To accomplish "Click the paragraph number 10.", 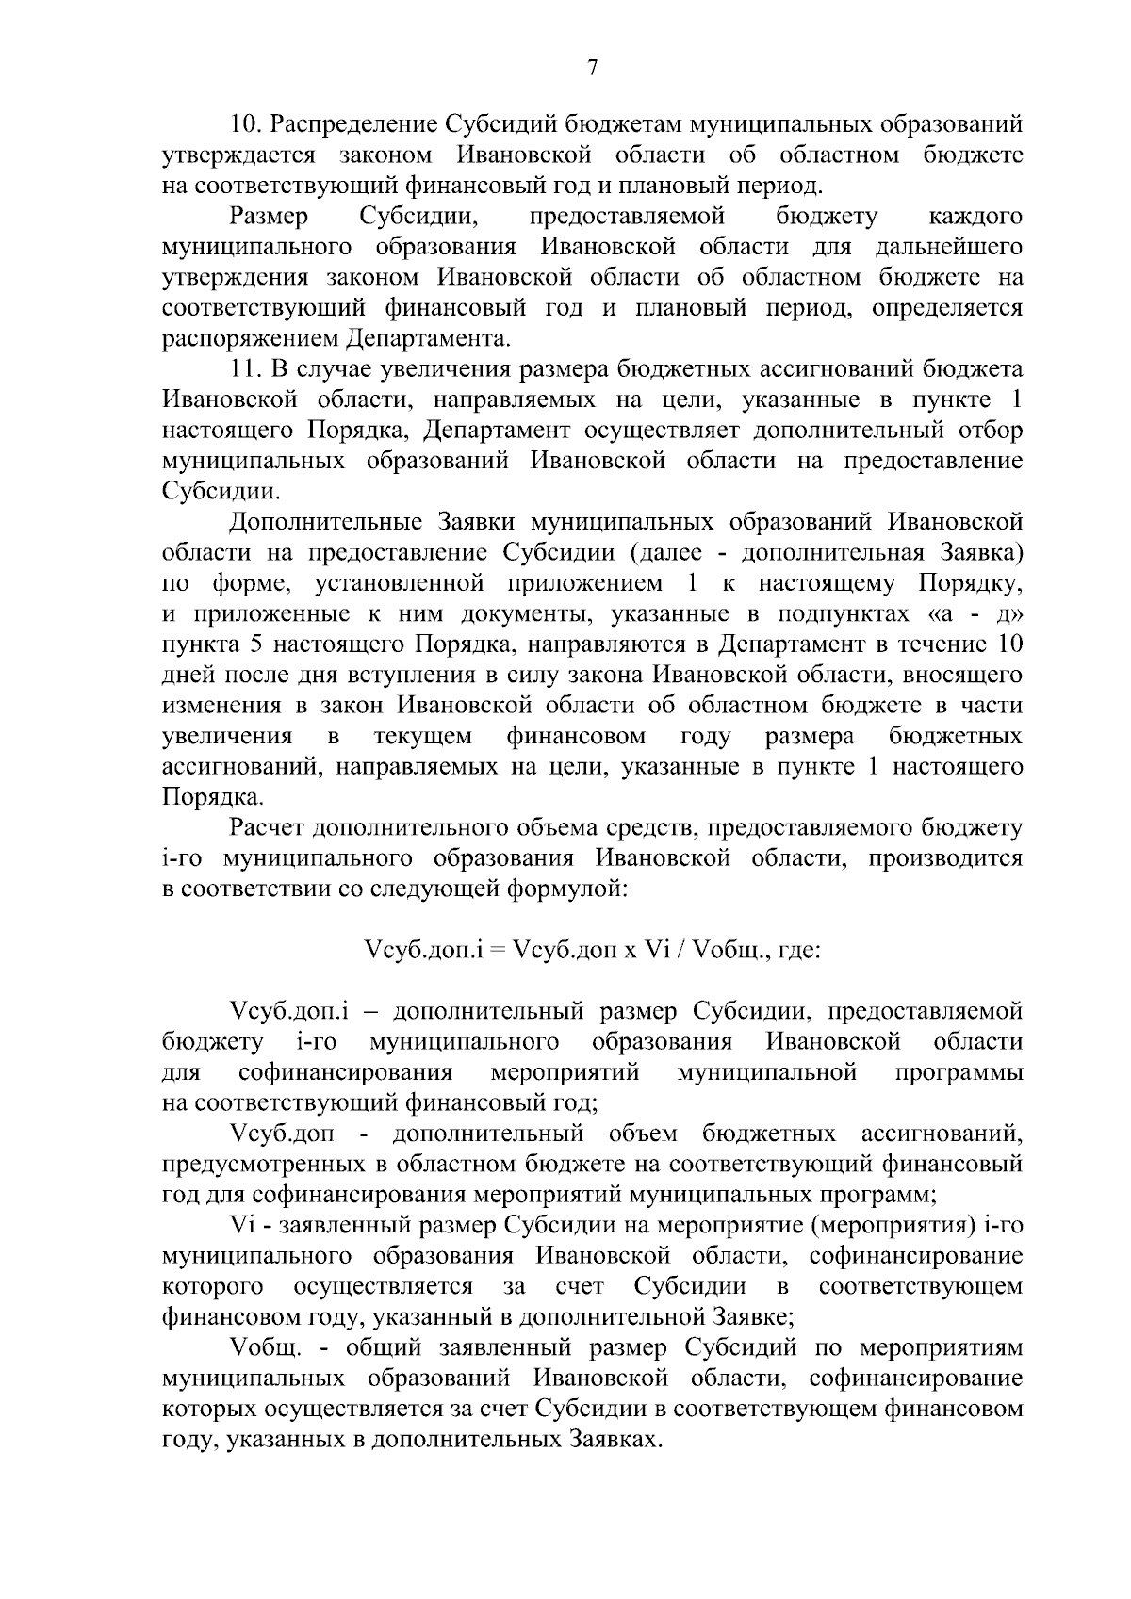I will click(250, 124).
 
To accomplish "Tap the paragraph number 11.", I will click(248, 368).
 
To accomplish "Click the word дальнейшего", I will click(949, 247).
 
